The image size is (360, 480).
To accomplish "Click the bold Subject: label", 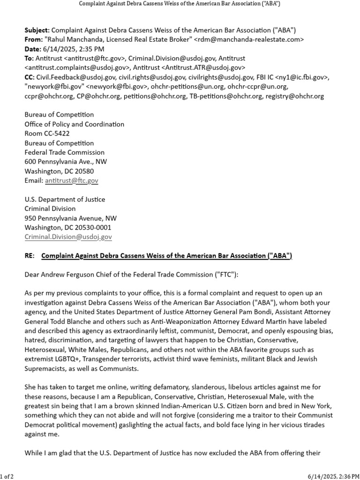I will tap(37, 30).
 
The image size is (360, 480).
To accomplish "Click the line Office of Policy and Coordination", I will tap(74, 124).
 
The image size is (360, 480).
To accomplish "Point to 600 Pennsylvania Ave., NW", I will tap(66, 162).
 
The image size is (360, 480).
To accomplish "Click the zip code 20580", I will tap(84, 171).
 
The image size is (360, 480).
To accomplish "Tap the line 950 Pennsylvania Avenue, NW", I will tap(70, 218).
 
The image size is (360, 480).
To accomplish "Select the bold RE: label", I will tap(30, 255).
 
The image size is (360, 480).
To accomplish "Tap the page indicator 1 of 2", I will tap(7, 476).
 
